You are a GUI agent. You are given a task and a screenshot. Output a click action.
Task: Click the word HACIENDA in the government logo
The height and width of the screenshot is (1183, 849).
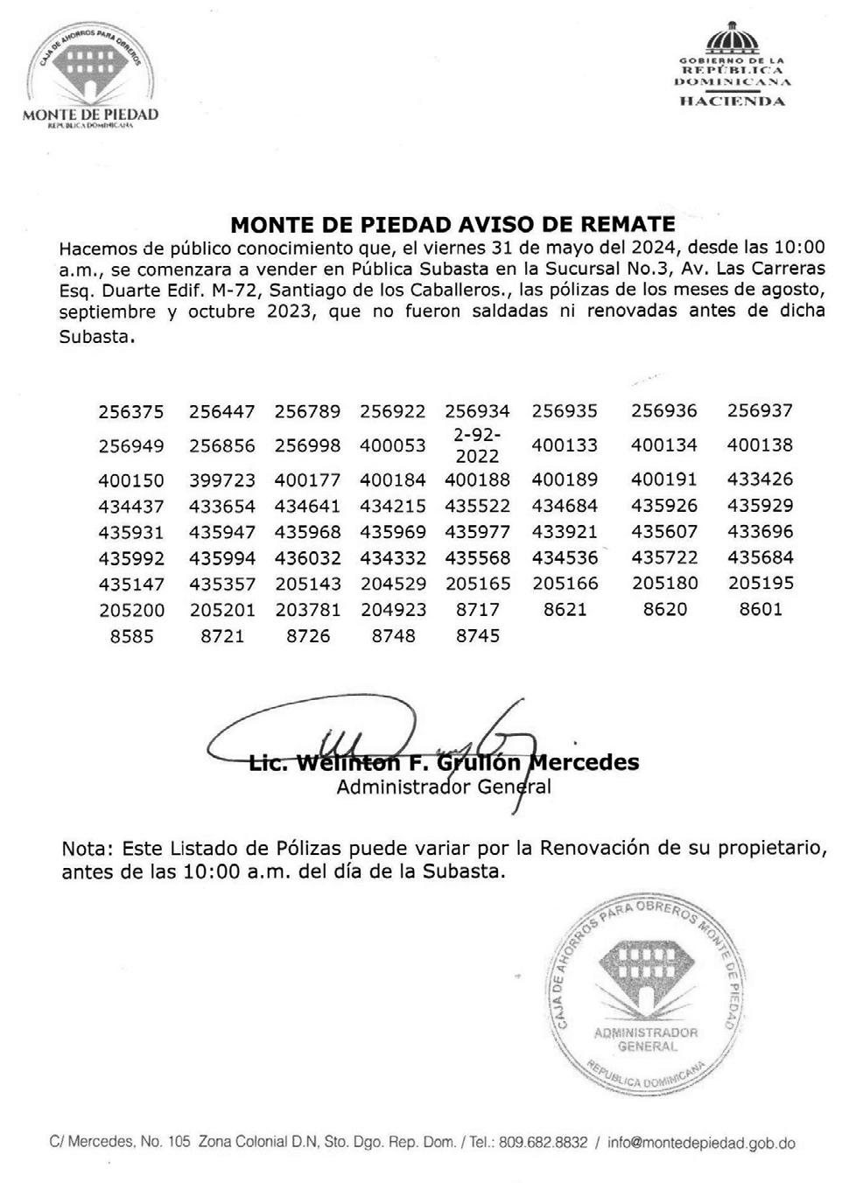coord(733,101)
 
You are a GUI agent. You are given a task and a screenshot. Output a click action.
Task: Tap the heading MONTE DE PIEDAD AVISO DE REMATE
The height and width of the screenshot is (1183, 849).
coord(453,224)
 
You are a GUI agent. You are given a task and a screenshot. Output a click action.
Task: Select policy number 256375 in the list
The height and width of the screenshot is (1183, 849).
coord(131,411)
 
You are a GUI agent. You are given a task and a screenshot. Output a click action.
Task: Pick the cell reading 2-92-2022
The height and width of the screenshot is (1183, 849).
coord(477,445)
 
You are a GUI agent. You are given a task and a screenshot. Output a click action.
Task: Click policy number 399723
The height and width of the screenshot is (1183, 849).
coord(222,479)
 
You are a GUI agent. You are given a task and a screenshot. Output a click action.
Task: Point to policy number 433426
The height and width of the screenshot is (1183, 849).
coord(760,479)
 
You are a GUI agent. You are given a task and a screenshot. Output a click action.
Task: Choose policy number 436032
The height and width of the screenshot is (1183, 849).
coord(308,557)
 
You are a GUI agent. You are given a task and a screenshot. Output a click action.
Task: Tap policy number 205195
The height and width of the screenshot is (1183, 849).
coord(760,583)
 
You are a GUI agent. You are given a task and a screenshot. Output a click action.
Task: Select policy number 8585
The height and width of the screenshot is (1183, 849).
coord(131,636)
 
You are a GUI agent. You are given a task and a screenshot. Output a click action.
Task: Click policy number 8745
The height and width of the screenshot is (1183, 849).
coord(477,636)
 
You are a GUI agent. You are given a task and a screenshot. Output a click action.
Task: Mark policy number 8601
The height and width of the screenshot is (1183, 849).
coord(760,609)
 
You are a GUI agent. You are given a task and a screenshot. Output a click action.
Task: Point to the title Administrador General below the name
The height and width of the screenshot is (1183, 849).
coord(444,787)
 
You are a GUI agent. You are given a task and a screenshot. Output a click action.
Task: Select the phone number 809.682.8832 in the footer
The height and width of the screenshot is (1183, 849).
coord(543,1142)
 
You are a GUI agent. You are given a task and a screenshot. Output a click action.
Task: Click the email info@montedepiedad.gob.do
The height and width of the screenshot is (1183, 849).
coord(701,1142)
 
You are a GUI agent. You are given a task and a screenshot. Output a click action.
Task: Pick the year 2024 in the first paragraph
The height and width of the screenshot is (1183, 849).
coord(627,248)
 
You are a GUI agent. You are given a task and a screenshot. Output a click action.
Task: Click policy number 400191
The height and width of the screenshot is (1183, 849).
coord(664,479)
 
